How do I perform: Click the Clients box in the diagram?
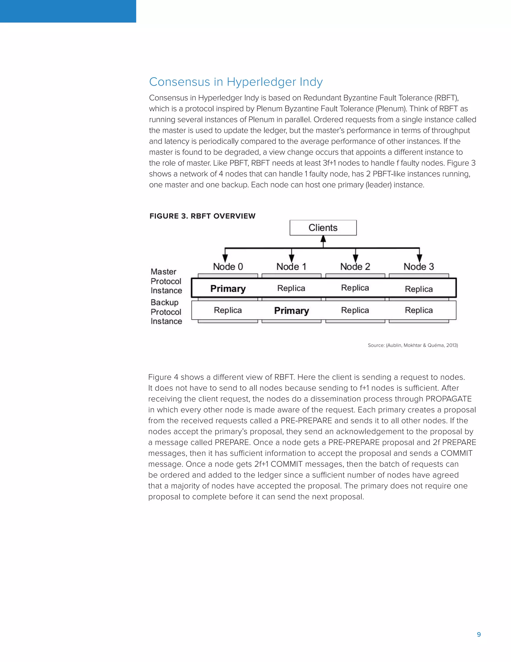point(323,228)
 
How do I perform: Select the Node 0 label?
point(228,267)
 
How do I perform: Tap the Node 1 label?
point(291,267)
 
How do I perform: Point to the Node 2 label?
point(355,267)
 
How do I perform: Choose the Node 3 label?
point(419,267)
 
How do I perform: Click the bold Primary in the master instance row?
point(228,289)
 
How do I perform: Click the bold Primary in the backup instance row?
point(291,311)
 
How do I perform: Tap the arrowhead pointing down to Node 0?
point(225,258)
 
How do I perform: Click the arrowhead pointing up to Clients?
point(323,239)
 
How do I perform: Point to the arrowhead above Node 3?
point(419,258)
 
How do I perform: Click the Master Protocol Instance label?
point(166,281)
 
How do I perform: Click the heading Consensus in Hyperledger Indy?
point(236,82)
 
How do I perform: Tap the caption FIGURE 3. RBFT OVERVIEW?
point(202,216)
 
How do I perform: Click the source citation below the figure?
point(413,345)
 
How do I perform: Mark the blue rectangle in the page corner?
point(68,11)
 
